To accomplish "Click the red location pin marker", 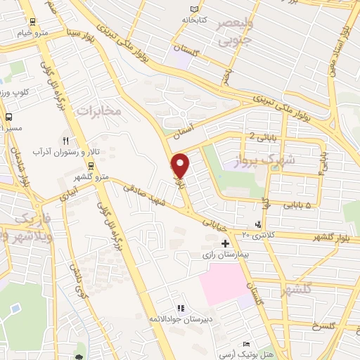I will (181, 165).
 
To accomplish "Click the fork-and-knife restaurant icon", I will (66, 140).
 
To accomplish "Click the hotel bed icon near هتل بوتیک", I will (246, 344).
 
